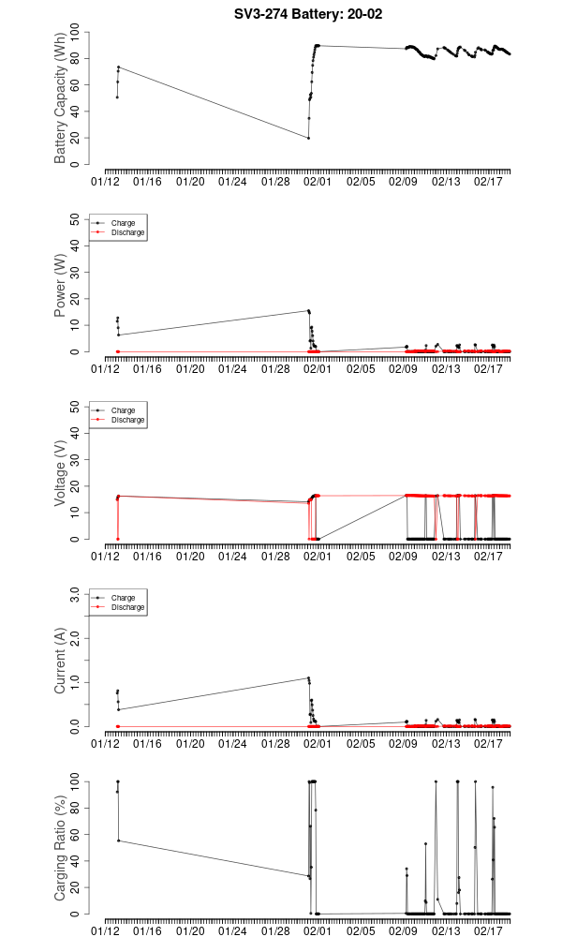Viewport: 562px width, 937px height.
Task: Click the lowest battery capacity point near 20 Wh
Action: [308, 139]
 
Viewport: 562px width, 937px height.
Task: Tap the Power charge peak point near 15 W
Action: [308, 310]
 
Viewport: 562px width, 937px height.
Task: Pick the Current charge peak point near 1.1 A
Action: [308, 677]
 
